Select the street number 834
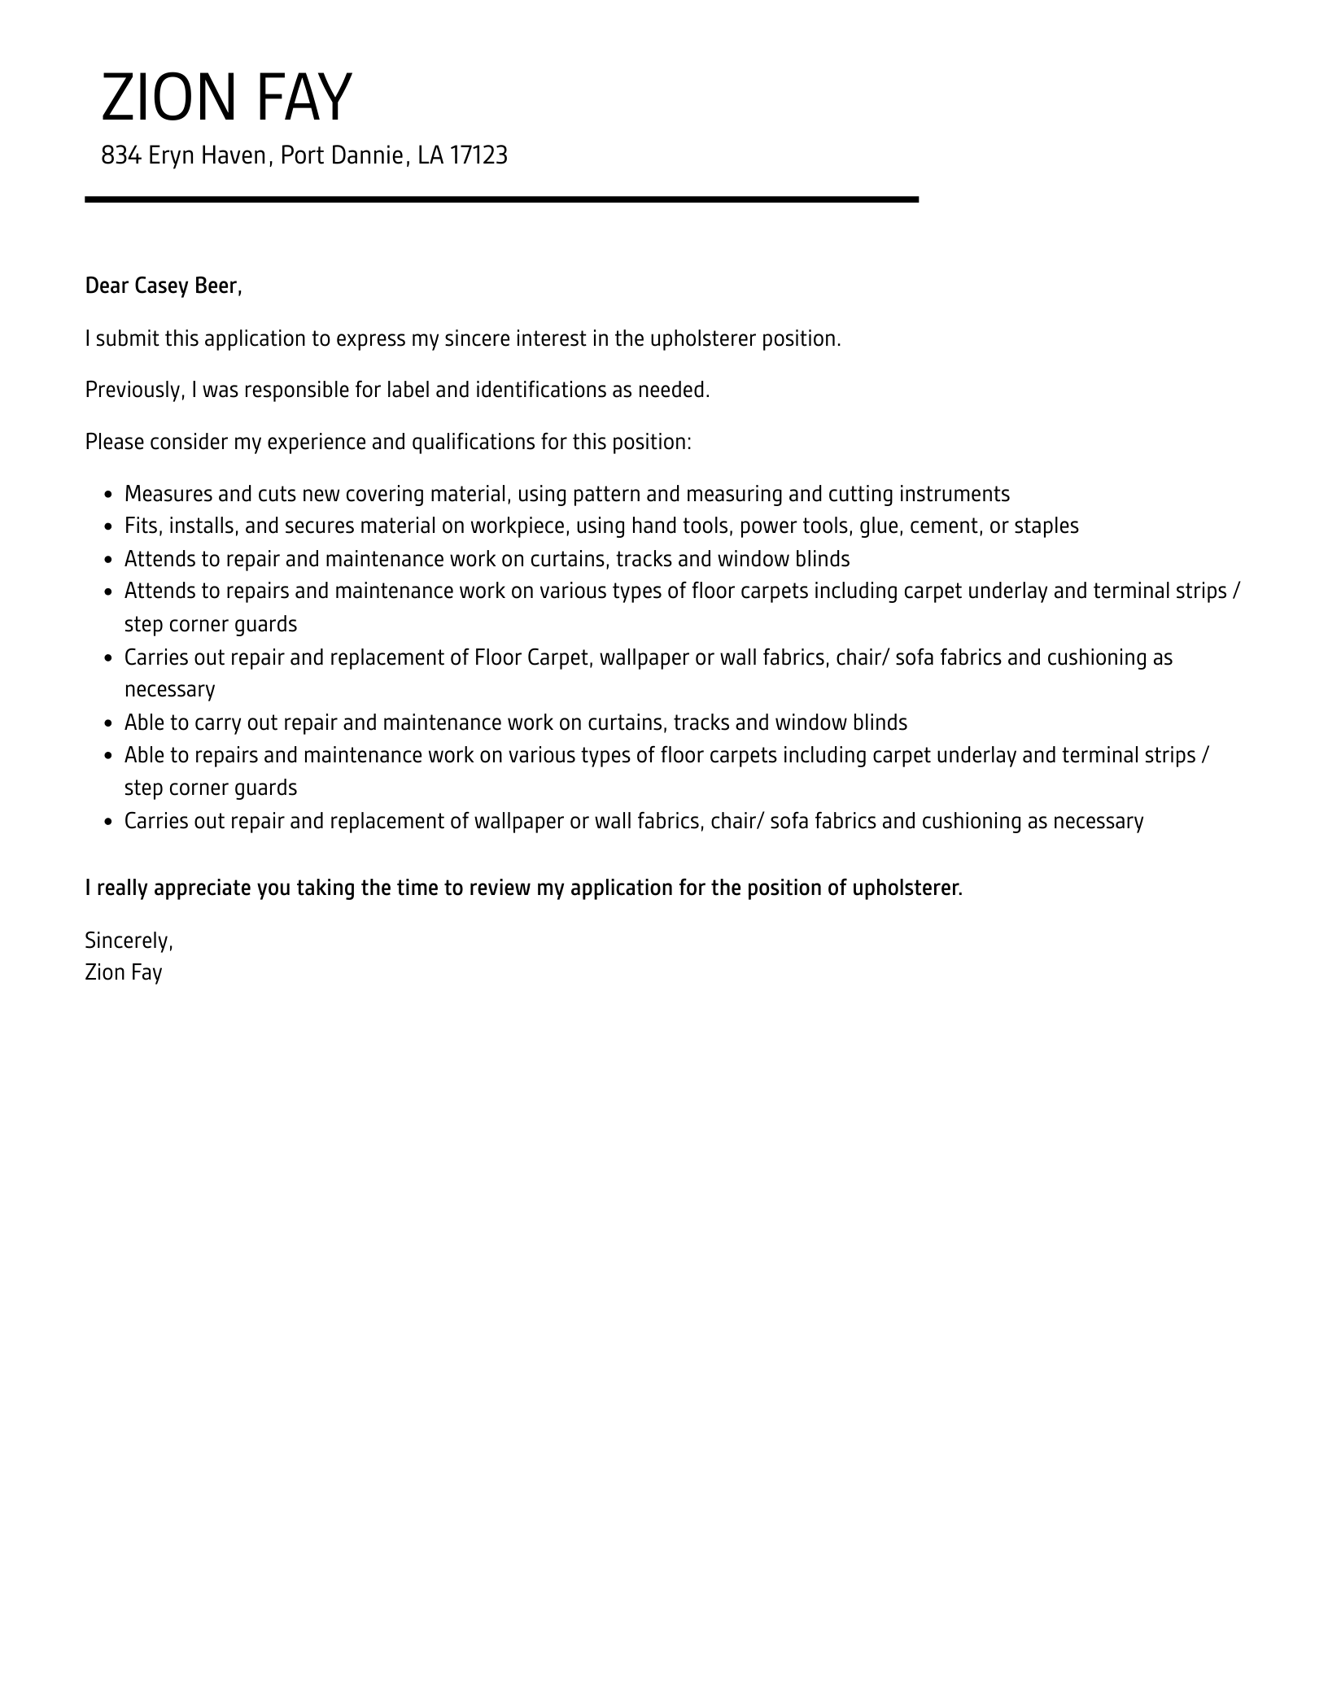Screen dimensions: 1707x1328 pyautogui.click(x=121, y=155)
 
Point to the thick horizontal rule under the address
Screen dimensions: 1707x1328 pyautogui.click(x=501, y=199)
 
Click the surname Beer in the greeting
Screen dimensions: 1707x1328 pyautogui.click(x=218, y=286)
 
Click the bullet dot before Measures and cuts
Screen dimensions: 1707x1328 pyautogui.click(x=109, y=495)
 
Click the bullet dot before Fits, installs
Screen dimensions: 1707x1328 pyautogui.click(x=109, y=527)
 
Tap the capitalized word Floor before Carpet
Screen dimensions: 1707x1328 pyautogui.click(x=497, y=657)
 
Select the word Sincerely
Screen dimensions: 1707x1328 pyautogui.click(x=129, y=941)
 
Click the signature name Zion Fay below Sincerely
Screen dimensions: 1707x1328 pyautogui.click(x=124, y=972)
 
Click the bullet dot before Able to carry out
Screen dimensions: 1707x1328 pyautogui.click(x=109, y=723)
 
